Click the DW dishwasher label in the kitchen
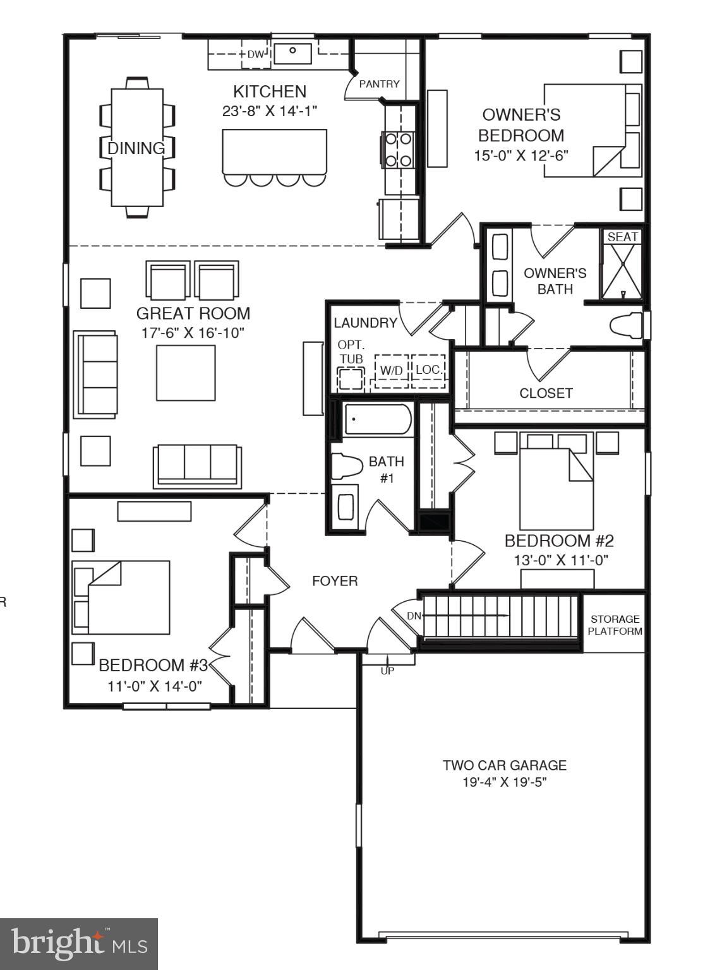coord(255,54)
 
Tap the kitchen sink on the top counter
coord(292,53)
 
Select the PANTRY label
coord(379,83)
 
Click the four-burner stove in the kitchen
coord(399,150)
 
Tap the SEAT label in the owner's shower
coord(622,237)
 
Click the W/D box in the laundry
coord(392,370)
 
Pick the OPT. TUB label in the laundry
coord(351,352)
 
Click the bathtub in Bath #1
coord(378,419)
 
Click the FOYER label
coord(335,580)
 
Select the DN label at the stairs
coord(414,616)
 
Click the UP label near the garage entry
coord(387,671)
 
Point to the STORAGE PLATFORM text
coord(615,625)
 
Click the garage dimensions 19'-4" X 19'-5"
coord(504,782)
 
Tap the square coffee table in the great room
coord(186,373)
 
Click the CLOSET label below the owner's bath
coord(546,393)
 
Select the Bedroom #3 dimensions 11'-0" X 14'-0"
coord(155,686)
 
